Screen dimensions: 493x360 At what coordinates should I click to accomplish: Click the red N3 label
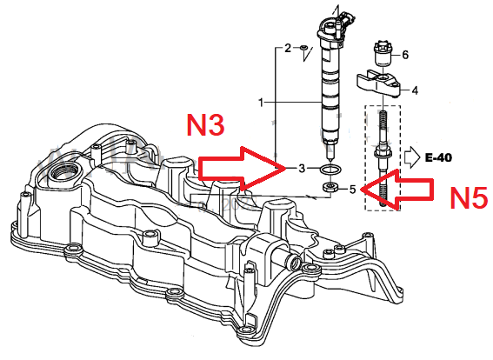pos(206,125)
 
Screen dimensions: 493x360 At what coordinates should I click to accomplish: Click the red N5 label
pos(469,197)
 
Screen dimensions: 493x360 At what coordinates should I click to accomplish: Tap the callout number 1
pos(261,103)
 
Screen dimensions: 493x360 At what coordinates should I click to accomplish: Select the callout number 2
pos(288,48)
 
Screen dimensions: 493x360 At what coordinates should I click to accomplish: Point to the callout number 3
pos(302,169)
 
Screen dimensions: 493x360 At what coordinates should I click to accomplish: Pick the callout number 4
pos(415,90)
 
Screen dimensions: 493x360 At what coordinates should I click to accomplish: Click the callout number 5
pos(352,190)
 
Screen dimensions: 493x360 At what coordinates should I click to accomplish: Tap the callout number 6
pos(405,55)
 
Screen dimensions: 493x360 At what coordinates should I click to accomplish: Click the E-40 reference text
pos(438,157)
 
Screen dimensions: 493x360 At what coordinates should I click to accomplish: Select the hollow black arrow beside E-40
pos(412,157)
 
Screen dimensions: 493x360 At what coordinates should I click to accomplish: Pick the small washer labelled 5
pos(330,188)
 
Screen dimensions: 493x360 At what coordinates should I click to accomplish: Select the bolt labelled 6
pos(383,53)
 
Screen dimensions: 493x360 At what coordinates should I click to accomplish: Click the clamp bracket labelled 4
pos(378,84)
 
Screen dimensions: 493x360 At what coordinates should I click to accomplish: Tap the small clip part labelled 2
pos(303,48)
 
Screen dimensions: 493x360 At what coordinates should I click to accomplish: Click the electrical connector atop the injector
pos(348,22)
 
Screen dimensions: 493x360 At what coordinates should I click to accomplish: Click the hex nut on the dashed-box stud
pos(383,154)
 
